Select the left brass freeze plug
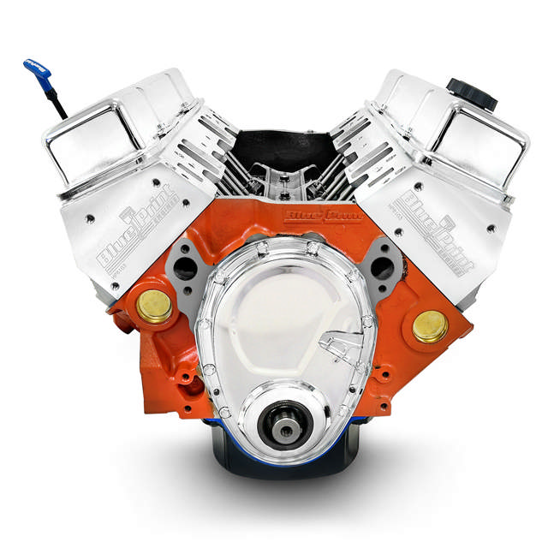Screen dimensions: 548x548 pyautogui.click(x=155, y=307)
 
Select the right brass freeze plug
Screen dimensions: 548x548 pyautogui.click(x=429, y=326)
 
